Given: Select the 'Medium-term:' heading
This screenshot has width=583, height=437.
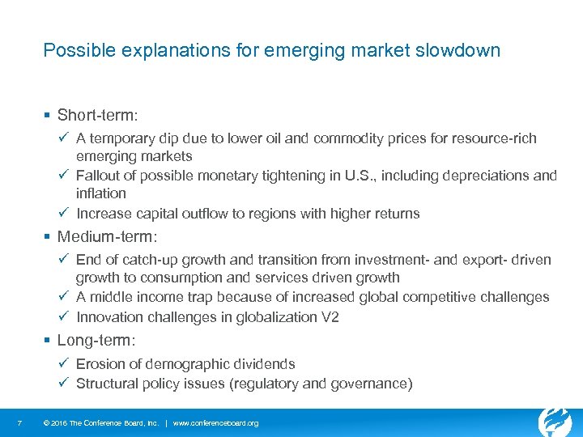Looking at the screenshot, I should [x=108, y=238].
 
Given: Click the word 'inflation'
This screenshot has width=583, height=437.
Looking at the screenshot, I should [x=101, y=193].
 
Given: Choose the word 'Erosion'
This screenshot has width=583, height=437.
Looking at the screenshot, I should [x=102, y=364].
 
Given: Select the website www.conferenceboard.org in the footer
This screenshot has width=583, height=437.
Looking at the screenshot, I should [x=216, y=423].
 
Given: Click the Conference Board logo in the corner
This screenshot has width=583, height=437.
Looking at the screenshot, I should [x=555, y=421].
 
